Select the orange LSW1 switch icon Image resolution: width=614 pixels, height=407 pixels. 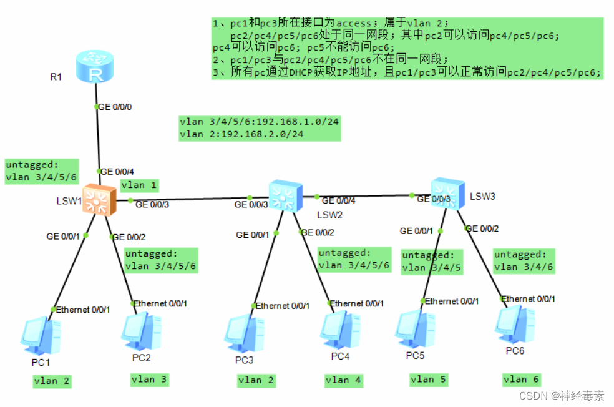point(97,200)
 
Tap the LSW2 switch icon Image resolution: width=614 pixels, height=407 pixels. point(285,195)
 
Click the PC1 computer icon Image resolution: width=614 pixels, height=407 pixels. point(40,334)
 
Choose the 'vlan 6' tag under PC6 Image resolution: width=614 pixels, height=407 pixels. point(520,379)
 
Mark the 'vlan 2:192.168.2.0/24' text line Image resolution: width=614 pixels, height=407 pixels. point(241,134)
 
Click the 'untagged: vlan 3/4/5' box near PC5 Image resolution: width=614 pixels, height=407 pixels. point(432,262)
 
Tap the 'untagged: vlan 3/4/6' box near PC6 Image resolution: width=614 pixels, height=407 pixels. point(523,261)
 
